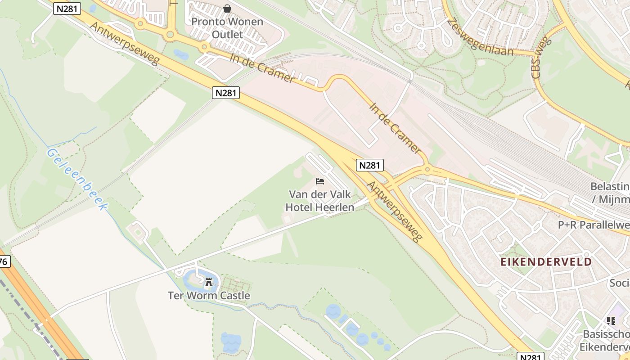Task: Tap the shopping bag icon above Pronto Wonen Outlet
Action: (227, 9)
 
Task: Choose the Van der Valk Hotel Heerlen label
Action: (320, 201)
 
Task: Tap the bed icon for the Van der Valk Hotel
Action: (320, 181)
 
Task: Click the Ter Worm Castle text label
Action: (209, 296)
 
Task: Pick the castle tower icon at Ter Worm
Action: (209, 282)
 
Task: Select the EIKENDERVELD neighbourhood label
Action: (546, 262)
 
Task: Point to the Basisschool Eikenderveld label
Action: (606, 341)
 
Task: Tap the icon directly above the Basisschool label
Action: (611, 321)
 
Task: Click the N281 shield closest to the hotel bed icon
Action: (370, 165)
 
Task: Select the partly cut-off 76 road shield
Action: (4, 261)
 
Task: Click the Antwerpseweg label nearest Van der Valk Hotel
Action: (395, 211)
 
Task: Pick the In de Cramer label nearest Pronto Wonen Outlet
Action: (262, 68)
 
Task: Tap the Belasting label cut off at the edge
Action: (610, 192)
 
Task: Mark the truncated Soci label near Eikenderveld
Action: (619, 283)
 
